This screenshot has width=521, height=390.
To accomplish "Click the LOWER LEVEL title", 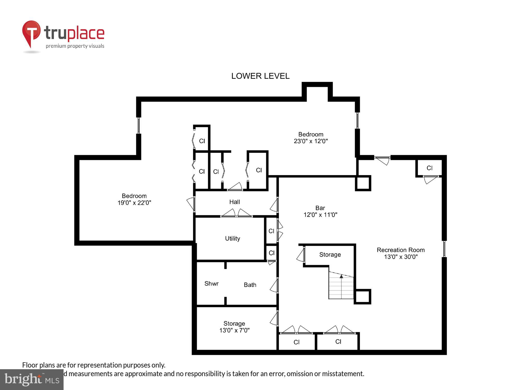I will [x=260, y=76].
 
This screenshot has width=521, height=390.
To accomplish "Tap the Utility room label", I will [x=232, y=238].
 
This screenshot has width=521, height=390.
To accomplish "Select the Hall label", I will [x=234, y=202].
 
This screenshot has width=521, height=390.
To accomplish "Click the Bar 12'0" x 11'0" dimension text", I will [x=320, y=215].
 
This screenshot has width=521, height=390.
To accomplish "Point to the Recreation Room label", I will [x=400, y=250].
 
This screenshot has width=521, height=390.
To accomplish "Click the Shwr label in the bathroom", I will [x=211, y=283].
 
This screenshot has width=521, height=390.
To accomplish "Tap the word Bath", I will [x=250, y=285].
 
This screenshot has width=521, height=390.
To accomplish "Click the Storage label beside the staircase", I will [x=330, y=255].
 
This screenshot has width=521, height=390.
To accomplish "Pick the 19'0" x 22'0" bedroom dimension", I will [x=134, y=203].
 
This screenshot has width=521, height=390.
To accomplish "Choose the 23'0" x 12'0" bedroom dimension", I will [x=311, y=141].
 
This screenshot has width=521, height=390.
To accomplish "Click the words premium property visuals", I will [x=75, y=46].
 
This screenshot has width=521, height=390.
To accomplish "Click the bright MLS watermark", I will [x=32, y=379].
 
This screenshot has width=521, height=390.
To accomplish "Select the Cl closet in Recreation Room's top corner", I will [x=429, y=168].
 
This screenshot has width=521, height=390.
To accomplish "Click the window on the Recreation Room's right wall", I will [x=444, y=249].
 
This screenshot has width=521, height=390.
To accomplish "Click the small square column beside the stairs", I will [x=362, y=296].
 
